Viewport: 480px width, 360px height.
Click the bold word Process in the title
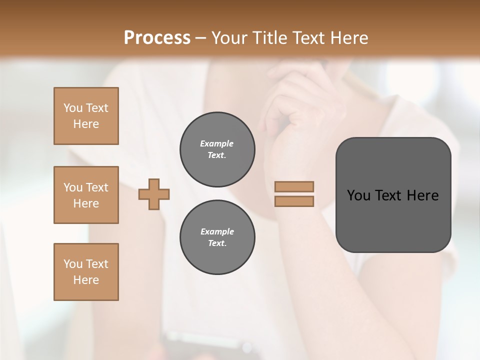[x=157, y=38]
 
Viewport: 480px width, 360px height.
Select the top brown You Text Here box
[x=86, y=116]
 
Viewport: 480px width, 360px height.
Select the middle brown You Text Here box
[x=86, y=195]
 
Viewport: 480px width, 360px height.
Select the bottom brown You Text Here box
[x=86, y=272]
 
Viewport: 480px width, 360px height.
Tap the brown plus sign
[x=154, y=194]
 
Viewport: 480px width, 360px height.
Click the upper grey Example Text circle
[x=217, y=149]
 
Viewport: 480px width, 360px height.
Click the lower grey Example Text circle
[x=217, y=237]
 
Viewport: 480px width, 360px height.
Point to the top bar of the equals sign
[x=294, y=186]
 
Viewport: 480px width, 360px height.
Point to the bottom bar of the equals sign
[x=294, y=201]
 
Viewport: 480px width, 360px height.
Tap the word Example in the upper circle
[x=217, y=144]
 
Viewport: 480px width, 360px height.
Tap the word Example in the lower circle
[x=217, y=232]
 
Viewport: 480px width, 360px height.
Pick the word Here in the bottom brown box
[x=86, y=280]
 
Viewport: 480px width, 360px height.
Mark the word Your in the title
[x=230, y=38]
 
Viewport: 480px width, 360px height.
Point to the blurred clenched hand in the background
[x=295, y=110]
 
